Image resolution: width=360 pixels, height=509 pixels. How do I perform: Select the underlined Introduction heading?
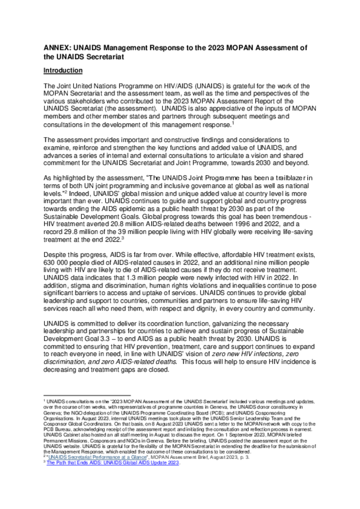click(x=63, y=71)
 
